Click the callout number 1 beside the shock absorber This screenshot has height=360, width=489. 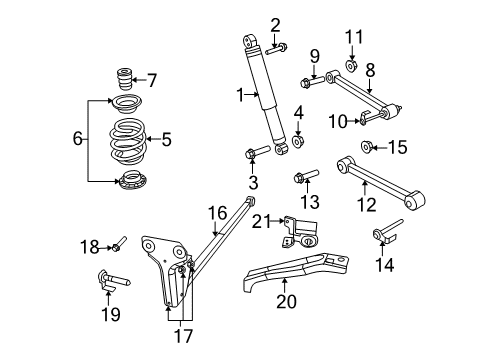[239, 95]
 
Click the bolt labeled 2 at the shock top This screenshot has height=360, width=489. [279, 47]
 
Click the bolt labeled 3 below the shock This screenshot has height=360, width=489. [252, 153]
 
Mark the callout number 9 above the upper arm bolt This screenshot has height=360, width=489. [313, 54]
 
